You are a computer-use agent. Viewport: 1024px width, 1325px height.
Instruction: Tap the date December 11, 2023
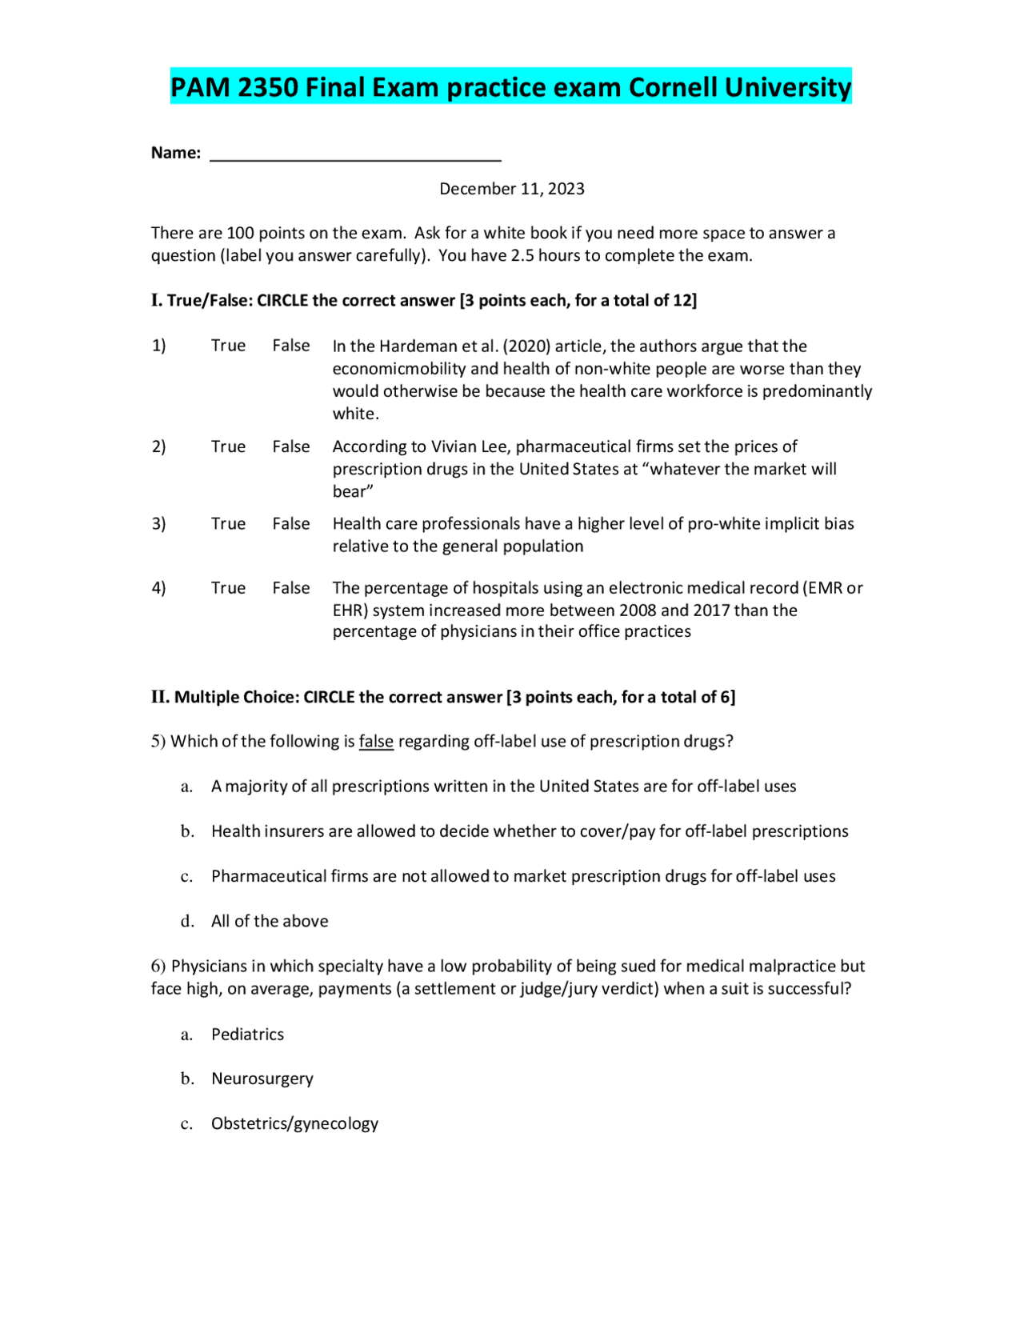(x=511, y=189)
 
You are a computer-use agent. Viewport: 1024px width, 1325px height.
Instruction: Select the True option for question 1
(x=228, y=346)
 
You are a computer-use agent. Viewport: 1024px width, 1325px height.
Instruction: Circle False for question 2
(x=290, y=446)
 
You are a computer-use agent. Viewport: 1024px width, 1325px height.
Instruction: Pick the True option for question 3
(x=228, y=523)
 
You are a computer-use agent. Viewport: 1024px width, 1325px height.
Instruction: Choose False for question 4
(x=290, y=588)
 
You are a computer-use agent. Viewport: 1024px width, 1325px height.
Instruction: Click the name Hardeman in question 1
(x=413, y=346)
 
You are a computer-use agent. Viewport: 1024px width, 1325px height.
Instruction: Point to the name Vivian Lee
(x=467, y=446)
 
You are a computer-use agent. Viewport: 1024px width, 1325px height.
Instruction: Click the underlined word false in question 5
(x=376, y=742)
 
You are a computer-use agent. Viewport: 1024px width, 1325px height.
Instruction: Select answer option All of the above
(x=270, y=921)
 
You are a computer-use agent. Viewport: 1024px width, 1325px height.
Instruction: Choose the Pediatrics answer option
(x=247, y=1035)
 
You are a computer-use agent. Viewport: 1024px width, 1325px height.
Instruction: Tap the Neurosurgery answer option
(x=262, y=1079)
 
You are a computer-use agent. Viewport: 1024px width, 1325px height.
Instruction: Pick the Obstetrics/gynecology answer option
(x=294, y=1124)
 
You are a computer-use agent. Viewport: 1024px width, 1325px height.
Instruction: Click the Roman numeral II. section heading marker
(x=160, y=697)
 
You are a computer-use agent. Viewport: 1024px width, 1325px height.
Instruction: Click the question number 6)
(x=158, y=967)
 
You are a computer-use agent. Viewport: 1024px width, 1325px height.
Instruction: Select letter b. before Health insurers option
(x=187, y=831)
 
